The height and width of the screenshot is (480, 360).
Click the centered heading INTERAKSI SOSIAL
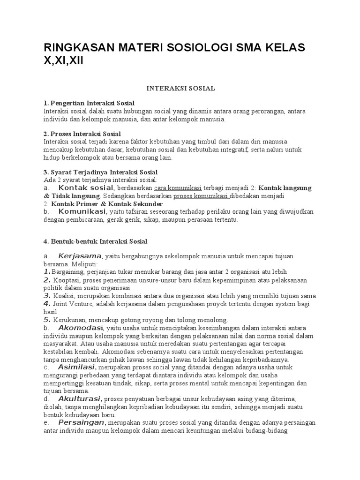(x=181, y=88)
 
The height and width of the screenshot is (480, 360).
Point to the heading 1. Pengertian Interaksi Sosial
(x=89, y=103)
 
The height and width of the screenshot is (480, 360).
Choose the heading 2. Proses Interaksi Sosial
(x=82, y=134)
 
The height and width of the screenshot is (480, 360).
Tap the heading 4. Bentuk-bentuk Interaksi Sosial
(x=96, y=241)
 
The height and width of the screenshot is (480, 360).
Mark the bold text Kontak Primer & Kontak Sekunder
(x=107, y=204)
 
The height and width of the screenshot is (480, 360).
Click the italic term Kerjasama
(x=80, y=256)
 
